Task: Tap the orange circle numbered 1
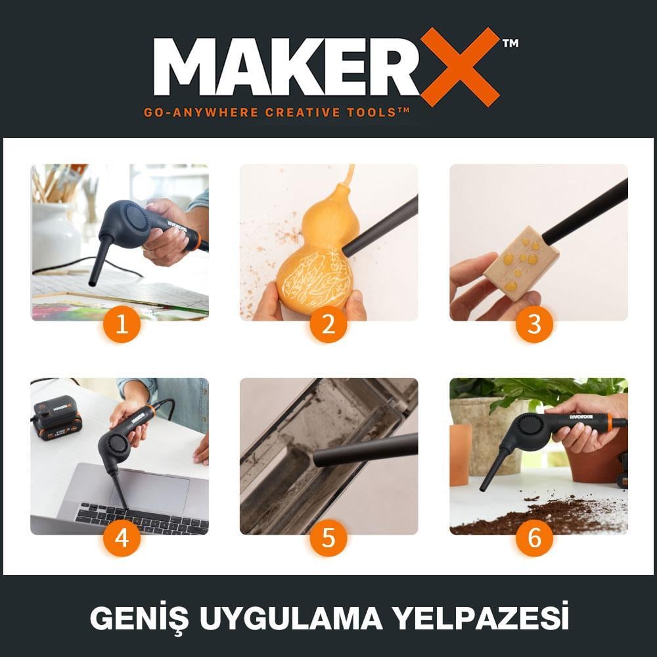click(x=122, y=324)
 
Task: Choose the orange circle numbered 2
click(x=328, y=324)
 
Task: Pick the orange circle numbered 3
click(x=534, y=324)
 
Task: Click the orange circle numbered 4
click(x=122, y=538)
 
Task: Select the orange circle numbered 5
click(x=328, y=538)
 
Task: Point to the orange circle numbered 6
click(x=534, y=538)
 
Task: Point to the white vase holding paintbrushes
click(x=56, y=233)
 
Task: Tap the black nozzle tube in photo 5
click(x=365, y=451)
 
